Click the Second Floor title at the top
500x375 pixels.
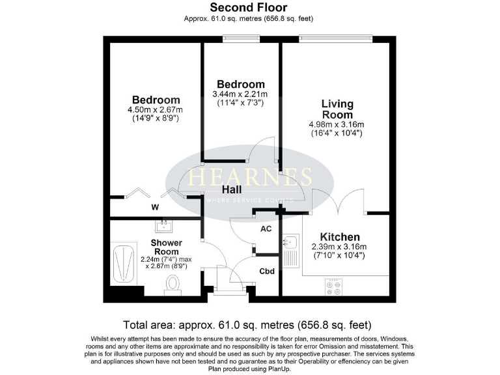[249, 8]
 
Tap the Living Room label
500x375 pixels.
[337, 109]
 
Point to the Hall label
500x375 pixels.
[232, 189]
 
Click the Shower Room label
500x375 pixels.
[166, 247]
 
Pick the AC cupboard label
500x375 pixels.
[266, 229]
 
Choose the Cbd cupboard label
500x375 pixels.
[266, 271]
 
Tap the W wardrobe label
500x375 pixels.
[155, 208]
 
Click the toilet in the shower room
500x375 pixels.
[173, 284]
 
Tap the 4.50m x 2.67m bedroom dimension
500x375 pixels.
[155, 110]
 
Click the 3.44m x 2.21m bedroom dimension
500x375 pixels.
[241, 94]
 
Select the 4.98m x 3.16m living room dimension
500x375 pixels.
[337, 124]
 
